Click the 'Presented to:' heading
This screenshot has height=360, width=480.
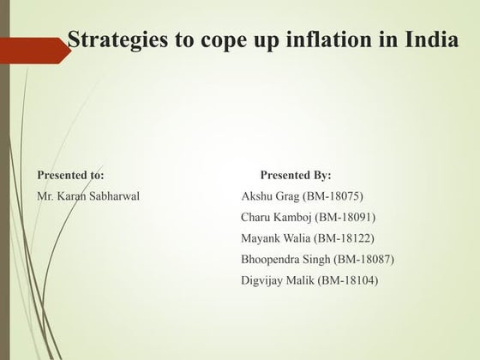pyautogui.click(x=70, y=175)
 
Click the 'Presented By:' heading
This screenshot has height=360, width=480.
pyautogui.click(x=296, y=175)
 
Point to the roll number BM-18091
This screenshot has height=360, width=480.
pyautogui.click(x=346, y=217)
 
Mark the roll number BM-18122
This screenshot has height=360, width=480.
pyautogui.click(x=346, y=238)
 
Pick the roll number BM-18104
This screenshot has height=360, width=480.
pyautogui.click(x=348, y=280)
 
